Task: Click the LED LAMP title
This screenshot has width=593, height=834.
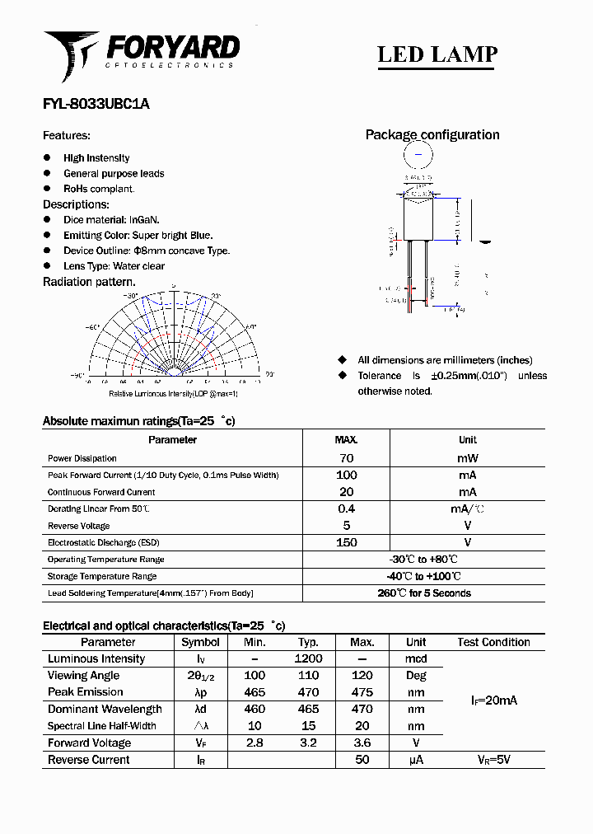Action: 437,54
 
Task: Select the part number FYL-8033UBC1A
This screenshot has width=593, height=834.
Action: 96,105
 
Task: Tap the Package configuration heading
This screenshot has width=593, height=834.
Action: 432,135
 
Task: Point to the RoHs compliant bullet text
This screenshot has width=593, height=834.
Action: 99,189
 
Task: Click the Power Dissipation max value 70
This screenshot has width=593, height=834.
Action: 346,458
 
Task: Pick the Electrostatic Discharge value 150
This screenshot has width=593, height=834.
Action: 346,542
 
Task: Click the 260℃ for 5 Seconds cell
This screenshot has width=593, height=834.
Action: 423,593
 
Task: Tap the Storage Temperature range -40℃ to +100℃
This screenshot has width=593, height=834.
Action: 423,576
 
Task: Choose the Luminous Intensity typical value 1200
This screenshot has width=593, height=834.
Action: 308,659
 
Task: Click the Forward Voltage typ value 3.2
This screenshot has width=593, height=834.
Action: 308,743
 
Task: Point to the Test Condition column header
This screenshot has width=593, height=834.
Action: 493,642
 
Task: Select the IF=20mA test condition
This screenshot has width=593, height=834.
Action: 493,700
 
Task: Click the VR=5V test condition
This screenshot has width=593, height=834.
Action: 493,760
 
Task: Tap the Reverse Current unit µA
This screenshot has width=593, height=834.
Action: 416,760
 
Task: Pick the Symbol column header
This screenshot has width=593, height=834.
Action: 200,642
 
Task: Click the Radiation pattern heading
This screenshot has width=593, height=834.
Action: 89,282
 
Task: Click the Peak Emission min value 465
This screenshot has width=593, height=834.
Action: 255,692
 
